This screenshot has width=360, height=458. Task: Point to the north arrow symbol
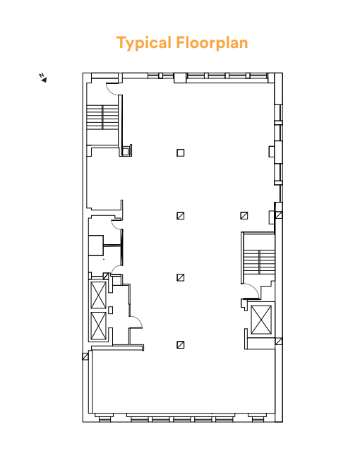(x=43, y=78)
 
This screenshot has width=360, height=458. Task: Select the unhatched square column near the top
(x=181, y=152)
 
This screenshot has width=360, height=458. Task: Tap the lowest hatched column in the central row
(x=181, y=344)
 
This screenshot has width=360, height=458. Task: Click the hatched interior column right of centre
(x=244, y=216)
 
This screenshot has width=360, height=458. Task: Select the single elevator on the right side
(x=261, y=320)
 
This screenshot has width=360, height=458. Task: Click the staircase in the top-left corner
(x=103, y=117)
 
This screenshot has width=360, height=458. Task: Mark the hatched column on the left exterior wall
(x=86, y=356)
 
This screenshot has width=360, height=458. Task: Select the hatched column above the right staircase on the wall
(x=278, y=215)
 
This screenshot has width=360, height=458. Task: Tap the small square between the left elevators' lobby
(x=111, y=309)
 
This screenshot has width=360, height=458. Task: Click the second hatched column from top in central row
(x=181, y=277)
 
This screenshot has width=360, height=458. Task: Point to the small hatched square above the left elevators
(x=106, y=275)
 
